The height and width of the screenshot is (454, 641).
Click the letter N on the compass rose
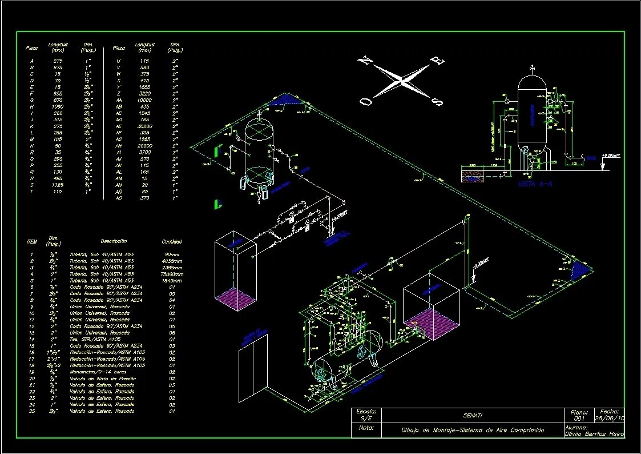click(364, 61)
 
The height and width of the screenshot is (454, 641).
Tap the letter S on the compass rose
click(438, 102)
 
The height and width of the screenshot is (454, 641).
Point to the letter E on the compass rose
click(440, 60)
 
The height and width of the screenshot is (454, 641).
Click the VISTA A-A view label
click(535, 185)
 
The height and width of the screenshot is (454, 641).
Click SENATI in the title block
click(473, 416)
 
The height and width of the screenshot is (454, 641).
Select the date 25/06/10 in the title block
click(610, 419)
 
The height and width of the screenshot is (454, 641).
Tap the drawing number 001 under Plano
click(579, 419)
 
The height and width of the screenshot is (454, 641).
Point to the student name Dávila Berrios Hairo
click(594, 434)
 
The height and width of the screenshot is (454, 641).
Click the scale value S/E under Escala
click(365, 419)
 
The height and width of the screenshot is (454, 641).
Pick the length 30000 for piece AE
click(144, 126)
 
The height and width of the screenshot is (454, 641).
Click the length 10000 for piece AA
click(144, 100)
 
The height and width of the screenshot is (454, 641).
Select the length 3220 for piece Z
click(144, 93)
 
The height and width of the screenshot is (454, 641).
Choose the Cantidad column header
click(172, 242)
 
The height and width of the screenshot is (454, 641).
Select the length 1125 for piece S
click(58, 185)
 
